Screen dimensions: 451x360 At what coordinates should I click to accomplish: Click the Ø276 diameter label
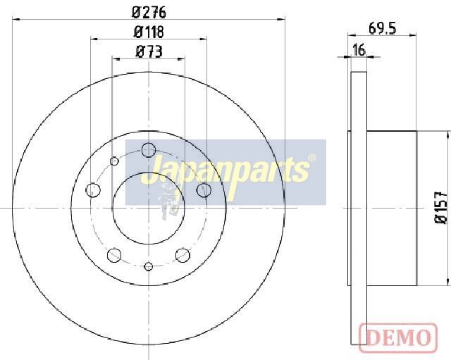pyautogui.click(x=149, y=13)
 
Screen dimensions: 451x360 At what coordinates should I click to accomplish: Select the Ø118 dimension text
pyautogui.click(x=149, y=32)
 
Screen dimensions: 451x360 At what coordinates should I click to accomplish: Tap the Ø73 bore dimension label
pyautogui.click(x=149, y=51)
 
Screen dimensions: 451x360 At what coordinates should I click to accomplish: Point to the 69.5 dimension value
pyautogui.click(x=382, y=28)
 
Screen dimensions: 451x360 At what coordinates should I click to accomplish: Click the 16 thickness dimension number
pyautogui.click(x=359, y=50)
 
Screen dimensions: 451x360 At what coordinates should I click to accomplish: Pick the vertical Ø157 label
pyautogui.click(x=441, y=207)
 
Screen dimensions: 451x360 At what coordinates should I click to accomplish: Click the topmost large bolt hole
pyautogui.click(x=149, y=150)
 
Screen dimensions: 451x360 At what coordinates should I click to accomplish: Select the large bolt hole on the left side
pyautogui.click(x=93, y=190)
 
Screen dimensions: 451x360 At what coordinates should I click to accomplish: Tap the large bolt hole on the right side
pyautogui.click(x=204, y=190)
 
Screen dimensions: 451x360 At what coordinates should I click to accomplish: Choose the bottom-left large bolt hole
pyautogui.click(x=114, y=255)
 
